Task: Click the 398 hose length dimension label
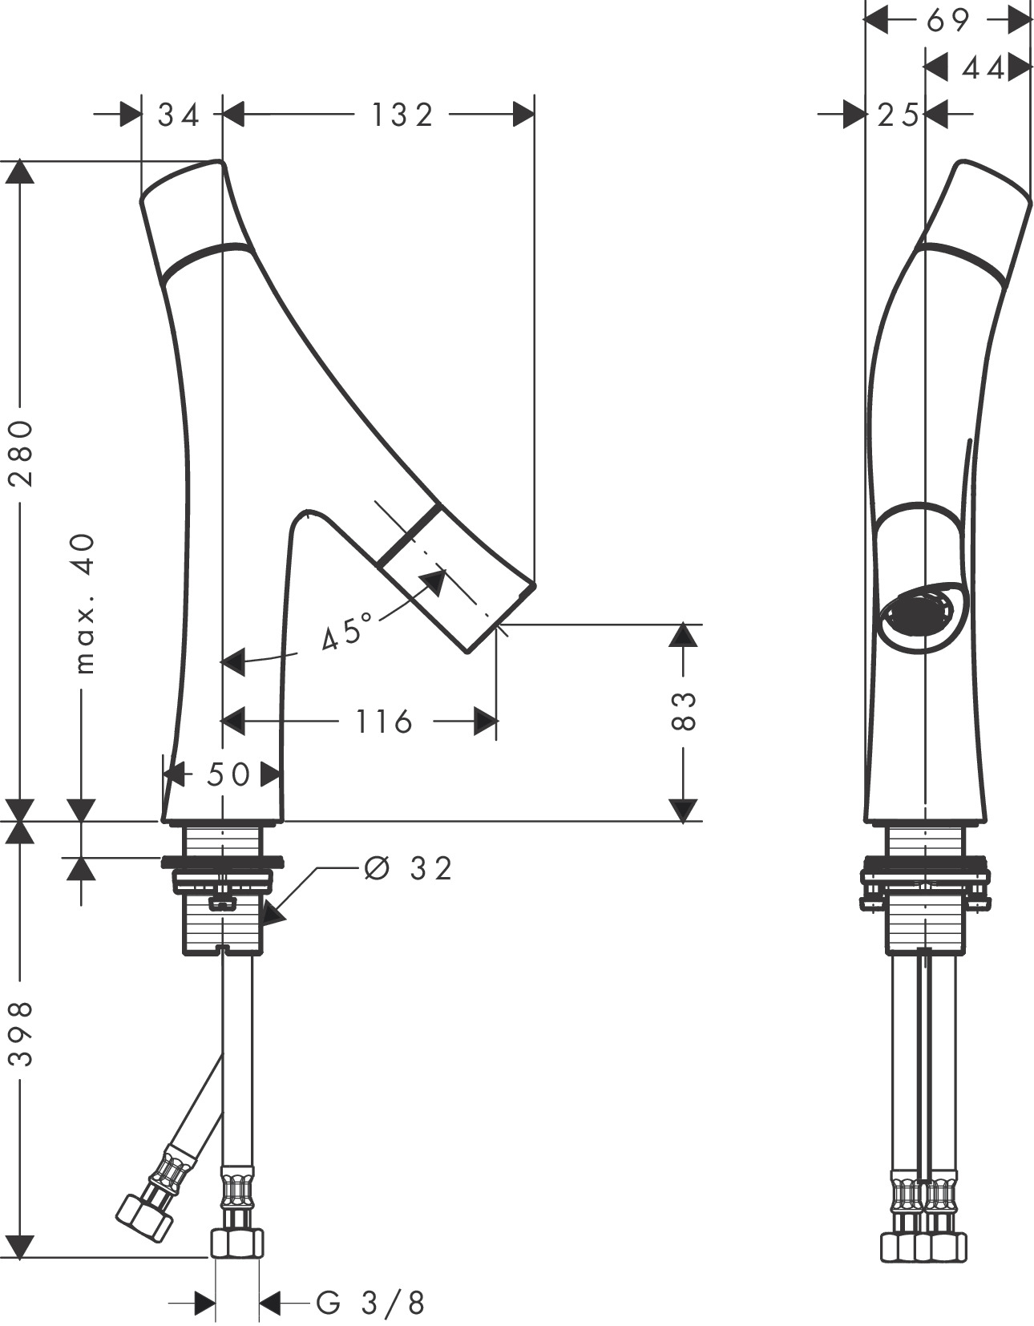tap(22, 1033)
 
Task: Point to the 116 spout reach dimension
tap(384, 722)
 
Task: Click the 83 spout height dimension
tap(682, 709)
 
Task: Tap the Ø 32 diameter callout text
tap(408, 867)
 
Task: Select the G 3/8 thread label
tap(370, 1303)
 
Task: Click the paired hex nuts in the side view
tap(923, 1246)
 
